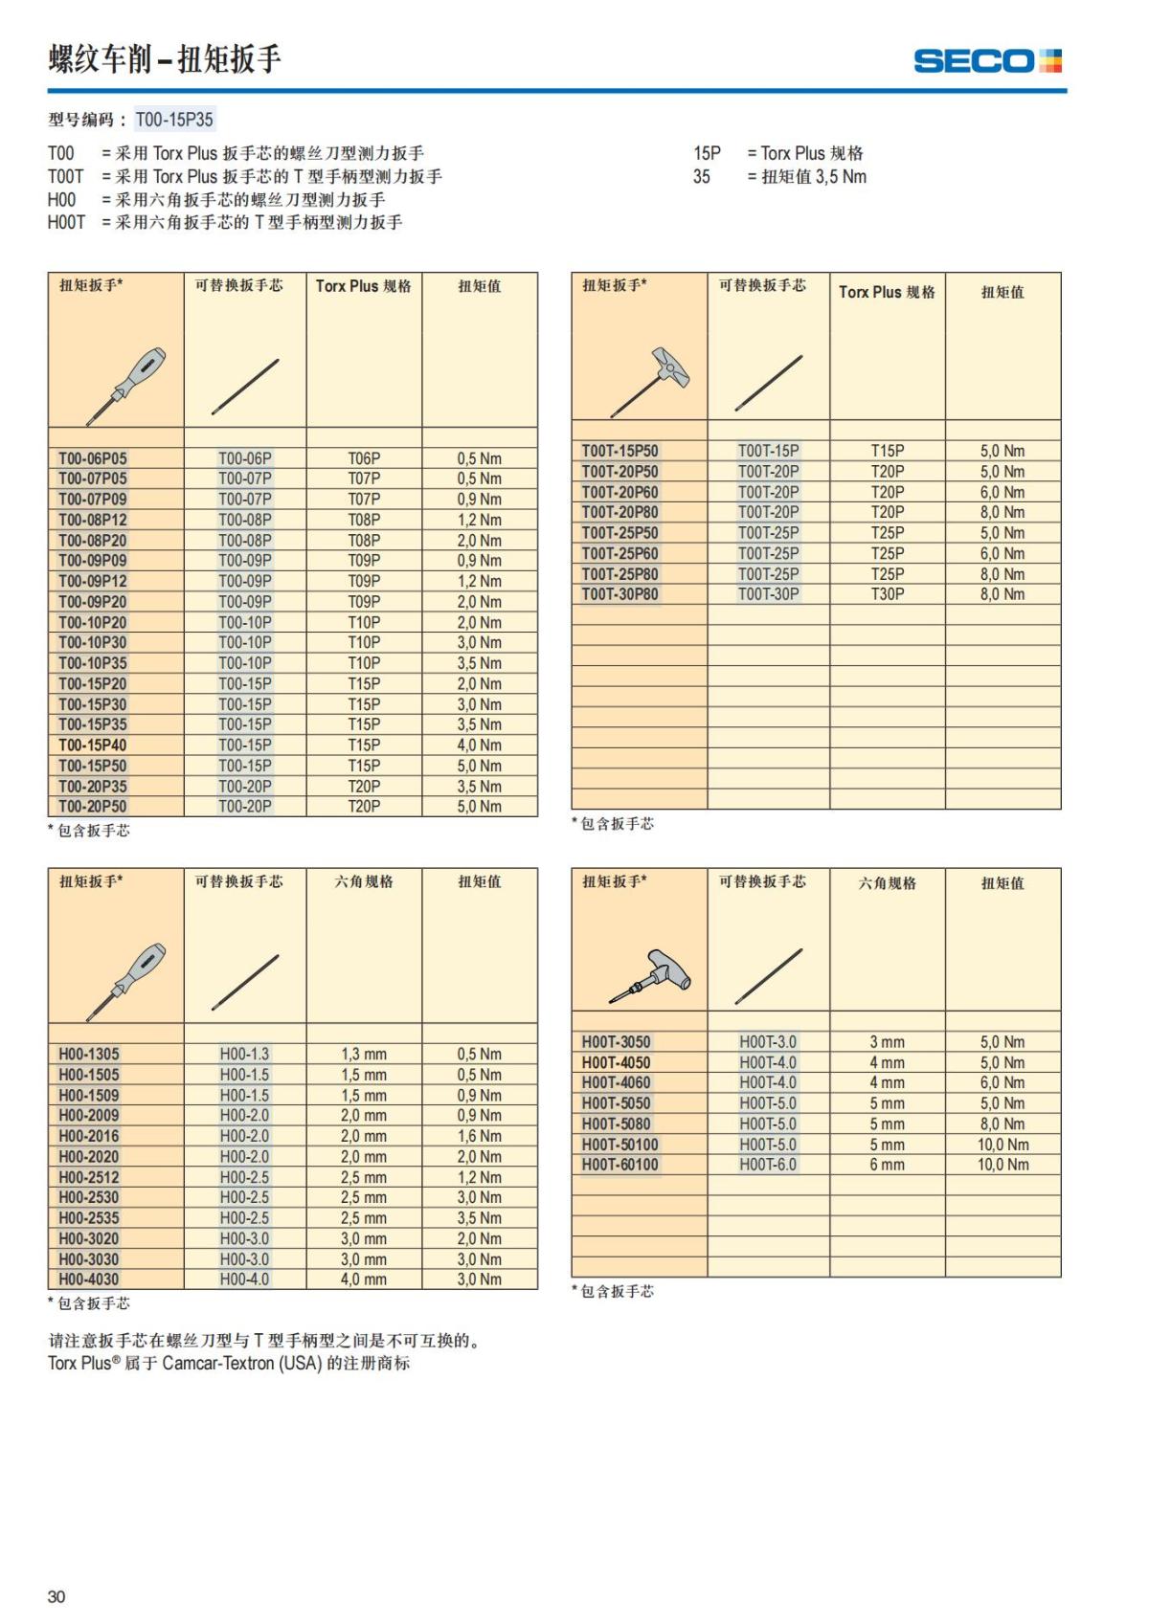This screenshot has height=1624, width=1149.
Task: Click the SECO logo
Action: (987, 61)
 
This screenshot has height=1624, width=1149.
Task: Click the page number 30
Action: (56, 1596)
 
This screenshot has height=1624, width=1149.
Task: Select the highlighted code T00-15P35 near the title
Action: (174, 120)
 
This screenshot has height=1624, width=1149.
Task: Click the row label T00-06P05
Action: (92, 458)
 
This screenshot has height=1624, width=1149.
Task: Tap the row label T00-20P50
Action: (92, 807)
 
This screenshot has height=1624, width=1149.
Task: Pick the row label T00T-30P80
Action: (620, 594)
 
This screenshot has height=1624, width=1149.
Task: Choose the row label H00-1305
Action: (89, 1055)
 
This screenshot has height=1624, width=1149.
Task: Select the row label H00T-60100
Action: (620, 1165)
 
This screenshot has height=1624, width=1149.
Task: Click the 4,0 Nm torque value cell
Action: (479, 745)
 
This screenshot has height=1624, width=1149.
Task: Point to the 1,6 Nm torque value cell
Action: (479, 1136)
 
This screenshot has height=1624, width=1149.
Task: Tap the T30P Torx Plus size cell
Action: (887, 594)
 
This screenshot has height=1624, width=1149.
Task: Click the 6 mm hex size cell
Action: (887, 1165)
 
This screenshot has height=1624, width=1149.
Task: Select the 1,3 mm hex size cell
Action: (364, 1055)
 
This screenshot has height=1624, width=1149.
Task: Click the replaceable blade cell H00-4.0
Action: (244, 1279)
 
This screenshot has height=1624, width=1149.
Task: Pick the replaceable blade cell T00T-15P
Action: (768, 451)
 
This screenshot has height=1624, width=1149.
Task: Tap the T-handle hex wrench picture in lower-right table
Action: (655, 976)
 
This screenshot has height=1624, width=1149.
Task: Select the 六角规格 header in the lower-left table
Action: (364, 881)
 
